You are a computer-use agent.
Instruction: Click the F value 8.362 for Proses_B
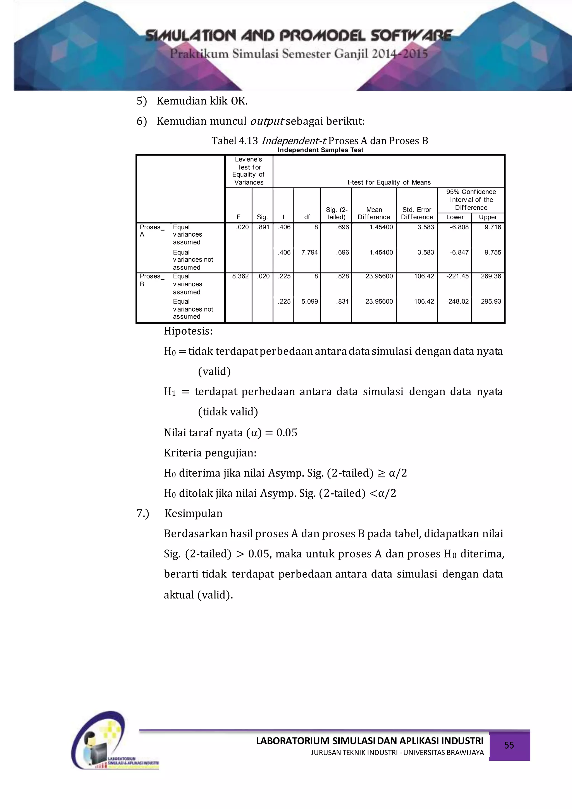[240, 276]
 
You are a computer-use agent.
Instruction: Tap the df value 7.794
[309, 252]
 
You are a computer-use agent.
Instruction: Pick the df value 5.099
[309, 301]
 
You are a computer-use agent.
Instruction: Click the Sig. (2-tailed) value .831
[342, 301]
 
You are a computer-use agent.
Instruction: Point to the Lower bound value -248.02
[457, 301]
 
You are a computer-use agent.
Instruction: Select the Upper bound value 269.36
[491, 276]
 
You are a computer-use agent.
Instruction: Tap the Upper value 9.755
[492, 252]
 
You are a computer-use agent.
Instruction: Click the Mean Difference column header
[374, 213]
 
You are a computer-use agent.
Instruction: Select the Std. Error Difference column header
[417, 213]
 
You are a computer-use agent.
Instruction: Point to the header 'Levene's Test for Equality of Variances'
[249, 171]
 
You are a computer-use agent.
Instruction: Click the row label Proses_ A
[151, 231]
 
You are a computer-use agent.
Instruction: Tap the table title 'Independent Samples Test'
[320, 150]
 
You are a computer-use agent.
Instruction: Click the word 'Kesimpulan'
[193, 513]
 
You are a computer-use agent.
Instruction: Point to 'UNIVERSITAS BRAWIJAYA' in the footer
[444, 753]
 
